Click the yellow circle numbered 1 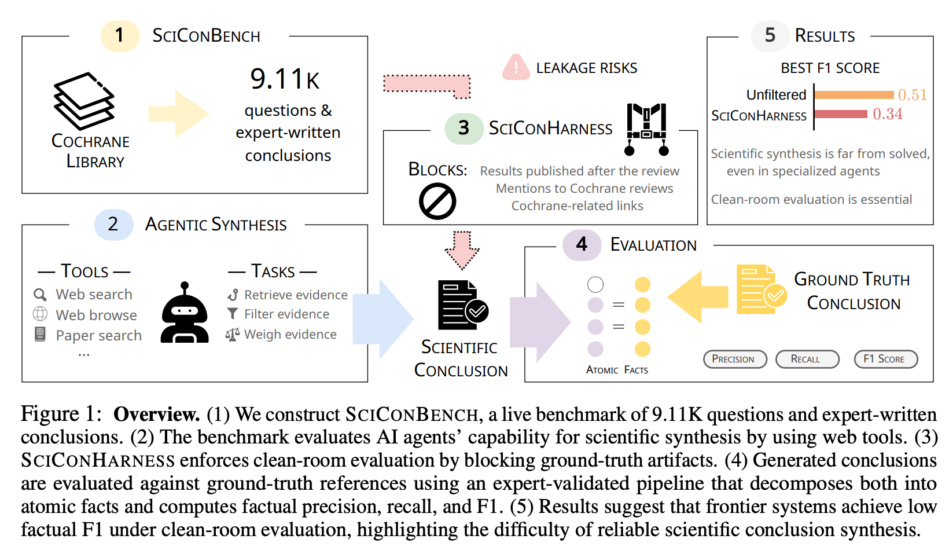click(x=120, y=35)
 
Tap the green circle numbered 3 click(x=464, y=129)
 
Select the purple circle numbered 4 click(x=582, y=244)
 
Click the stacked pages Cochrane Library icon click(x=84, y=101)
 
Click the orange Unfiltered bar click(x=854, y=95)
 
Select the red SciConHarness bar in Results click(x=841, y=114)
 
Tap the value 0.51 click(x=913, y=95)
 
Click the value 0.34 click(x=888, y=114)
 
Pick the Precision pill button click(x=735, y=359)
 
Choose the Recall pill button click(x=807, y=359)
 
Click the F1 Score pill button click(x=886, y=359)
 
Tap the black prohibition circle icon click(x=437, y=201)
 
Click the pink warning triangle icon click(x=516, y=67)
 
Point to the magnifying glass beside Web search click(x=40, y=295)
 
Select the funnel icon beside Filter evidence click(x=232, y=314)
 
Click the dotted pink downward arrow click(x=462, y=251)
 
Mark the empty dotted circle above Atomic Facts click(x=595, y=284)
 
